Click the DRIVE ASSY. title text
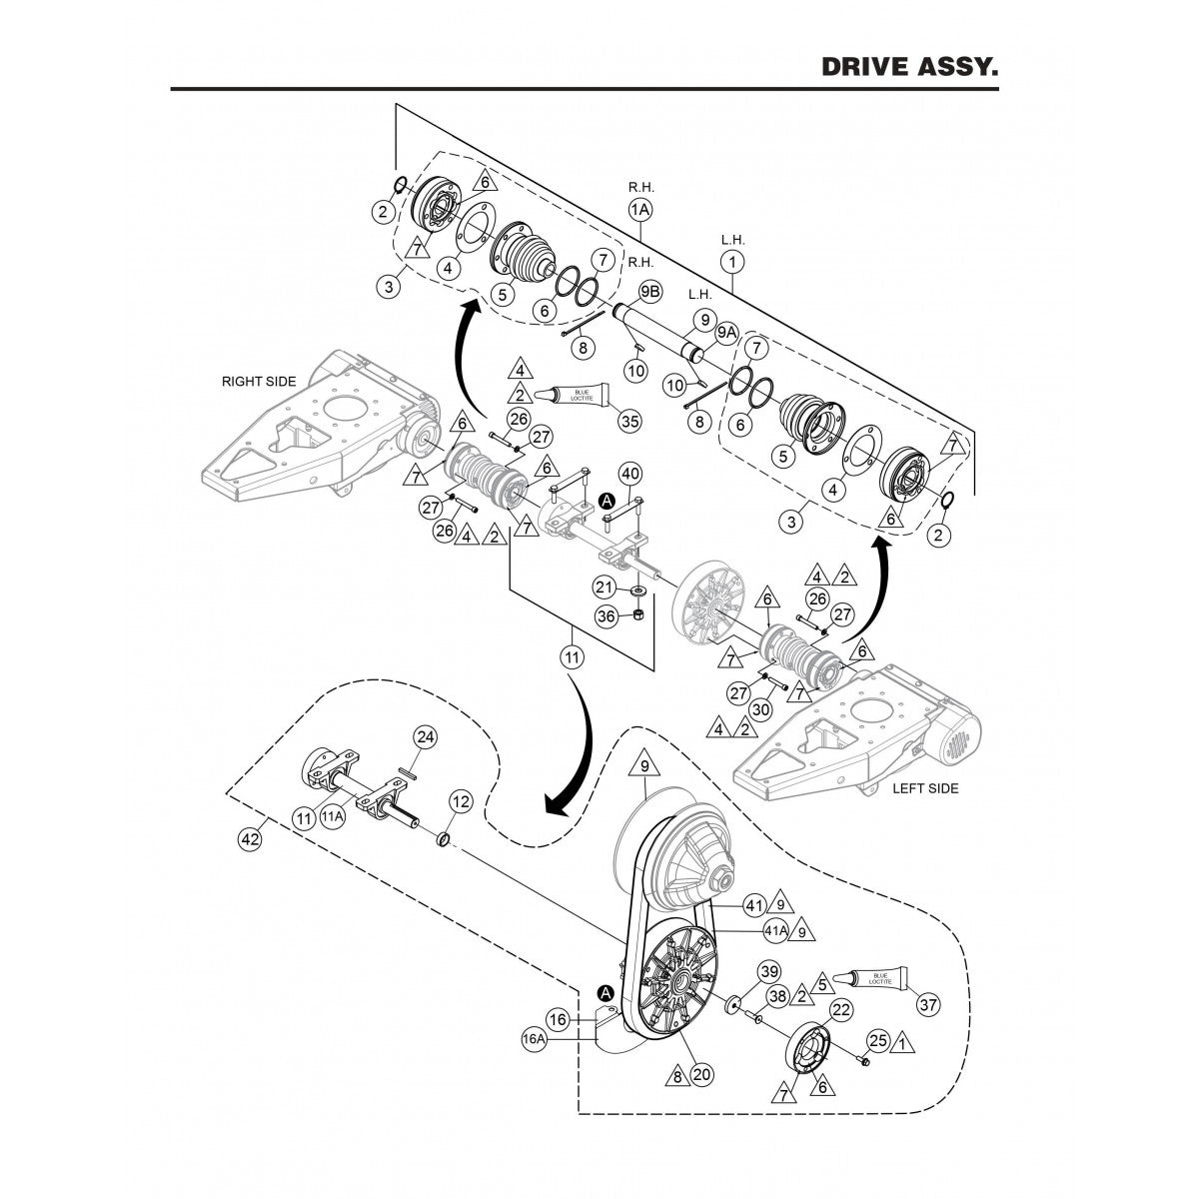click(909, 67)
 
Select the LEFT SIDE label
click(924, 788)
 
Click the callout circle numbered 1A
click(639, 210)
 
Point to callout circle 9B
click(649, 292)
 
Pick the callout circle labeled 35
click(629, 421)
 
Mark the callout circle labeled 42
click(251, 840)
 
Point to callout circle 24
click(426, 738)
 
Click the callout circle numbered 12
click(460, 800)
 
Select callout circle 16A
click(534, 1039)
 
